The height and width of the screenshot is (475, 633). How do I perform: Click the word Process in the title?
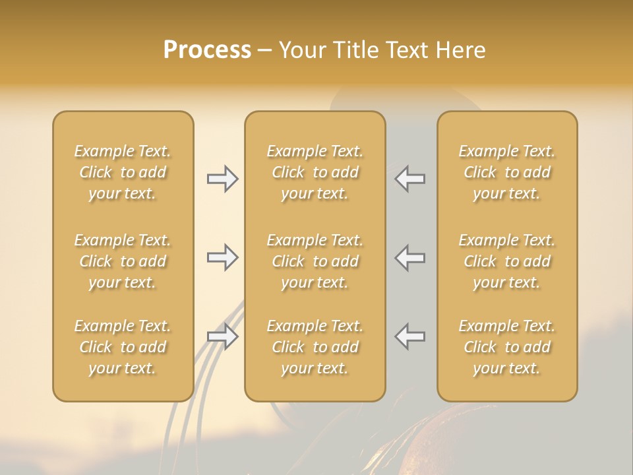[207, 50]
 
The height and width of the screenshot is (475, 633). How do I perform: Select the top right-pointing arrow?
[222, 179]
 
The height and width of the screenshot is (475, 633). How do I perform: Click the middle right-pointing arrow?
[222, 257]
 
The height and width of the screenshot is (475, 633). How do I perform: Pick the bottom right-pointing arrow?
[222, 336]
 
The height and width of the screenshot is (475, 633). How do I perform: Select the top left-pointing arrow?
[410, 179]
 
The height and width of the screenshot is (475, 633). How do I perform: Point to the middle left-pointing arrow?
[410, 257]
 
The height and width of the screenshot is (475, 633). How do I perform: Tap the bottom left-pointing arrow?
[410, 336]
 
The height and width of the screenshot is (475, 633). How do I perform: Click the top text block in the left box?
[123, 172]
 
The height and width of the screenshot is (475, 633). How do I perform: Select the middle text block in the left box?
[123, 261]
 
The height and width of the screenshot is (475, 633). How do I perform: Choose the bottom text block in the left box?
[123, 347]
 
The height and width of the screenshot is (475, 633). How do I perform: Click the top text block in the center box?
[315, 172]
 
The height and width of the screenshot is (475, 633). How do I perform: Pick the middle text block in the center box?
[315, 261]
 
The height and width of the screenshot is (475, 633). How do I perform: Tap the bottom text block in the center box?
[315, 347]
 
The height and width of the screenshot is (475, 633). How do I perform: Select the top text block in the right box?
[507, 172]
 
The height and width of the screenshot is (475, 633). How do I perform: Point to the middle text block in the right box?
[507, 261]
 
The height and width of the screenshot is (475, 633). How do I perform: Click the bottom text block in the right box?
[507, 347]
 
